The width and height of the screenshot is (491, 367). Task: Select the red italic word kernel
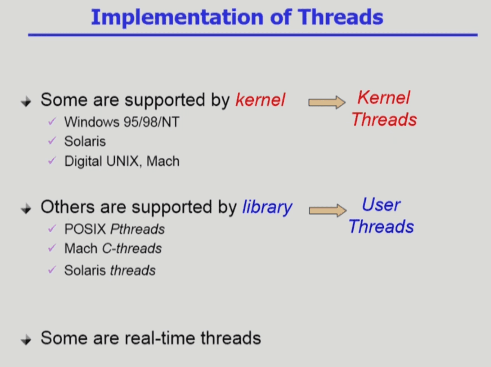click(260, 100)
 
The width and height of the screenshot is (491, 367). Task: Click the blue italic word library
click(267, 208)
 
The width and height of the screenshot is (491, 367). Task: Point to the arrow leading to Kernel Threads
click(327, 103)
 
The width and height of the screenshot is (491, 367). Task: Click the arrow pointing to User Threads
click(327, 210)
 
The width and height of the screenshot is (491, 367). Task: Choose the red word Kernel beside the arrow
click(384, 97)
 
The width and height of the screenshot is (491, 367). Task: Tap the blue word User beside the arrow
click(381, 205)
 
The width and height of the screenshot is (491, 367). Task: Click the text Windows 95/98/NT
click(122, 122)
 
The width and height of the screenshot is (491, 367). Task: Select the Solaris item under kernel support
click(85, 141)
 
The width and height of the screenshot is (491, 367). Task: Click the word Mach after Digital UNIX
click(163, 161)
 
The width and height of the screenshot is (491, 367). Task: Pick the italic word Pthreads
click(137, 229)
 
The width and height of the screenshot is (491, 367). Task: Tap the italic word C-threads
click(132, 249)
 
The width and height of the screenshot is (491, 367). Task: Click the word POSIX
click(85, 229)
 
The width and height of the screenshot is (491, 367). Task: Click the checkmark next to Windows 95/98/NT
click(52, 121)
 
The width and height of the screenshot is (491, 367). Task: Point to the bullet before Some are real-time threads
click(26, 340)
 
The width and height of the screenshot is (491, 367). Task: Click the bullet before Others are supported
click(26, 209)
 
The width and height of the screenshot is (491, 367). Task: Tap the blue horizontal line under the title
click(253, 35)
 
